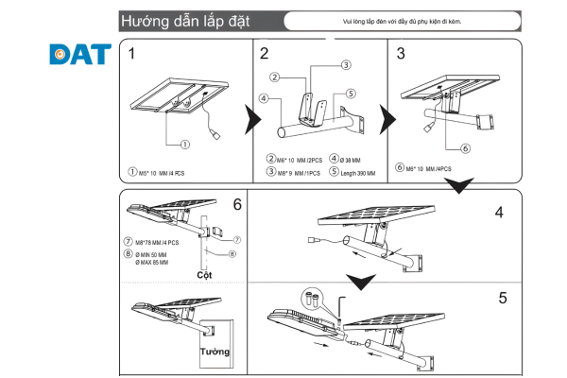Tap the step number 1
point(132,54)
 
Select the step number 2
point(265,54)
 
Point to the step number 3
point(401,54)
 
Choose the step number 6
point(236,204)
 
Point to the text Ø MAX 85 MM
point(151,262)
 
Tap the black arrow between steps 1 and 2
point(249,120)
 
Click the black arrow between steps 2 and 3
point(386,120)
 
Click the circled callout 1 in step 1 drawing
point(185,145)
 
